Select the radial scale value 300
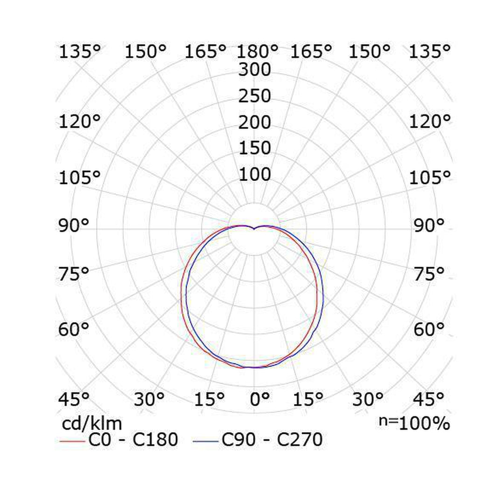[x=255, y=70]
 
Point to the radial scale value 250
[x=255, y=96]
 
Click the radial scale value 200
[x=255, y=123]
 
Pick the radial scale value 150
[x=255, y=148]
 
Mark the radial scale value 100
[x=255, y=175]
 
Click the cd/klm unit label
[x=92, y=424]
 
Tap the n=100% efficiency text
[x=413, y=423]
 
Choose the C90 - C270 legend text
[x=272, y=440]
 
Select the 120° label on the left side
[x=80, y=122]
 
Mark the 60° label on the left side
[x=73, y=330]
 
